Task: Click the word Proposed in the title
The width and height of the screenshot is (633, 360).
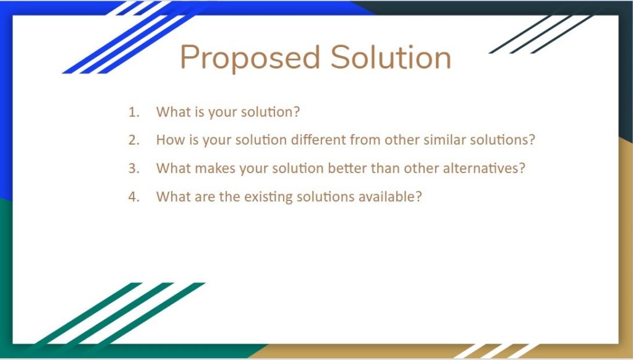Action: point(250,58)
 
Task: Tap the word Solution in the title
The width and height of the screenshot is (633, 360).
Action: point(391,57)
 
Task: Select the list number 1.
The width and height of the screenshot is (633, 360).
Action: point(134,112)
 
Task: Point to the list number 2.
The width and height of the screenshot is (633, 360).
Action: point(134,140)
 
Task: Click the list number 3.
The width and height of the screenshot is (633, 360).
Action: point(134,168)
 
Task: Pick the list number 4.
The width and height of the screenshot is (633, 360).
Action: point(134,196)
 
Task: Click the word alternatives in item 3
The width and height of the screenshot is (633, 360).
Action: point(480,168)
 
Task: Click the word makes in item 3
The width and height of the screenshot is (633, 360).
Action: point(215,168)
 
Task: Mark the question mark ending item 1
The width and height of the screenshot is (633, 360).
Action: point(297,111)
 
